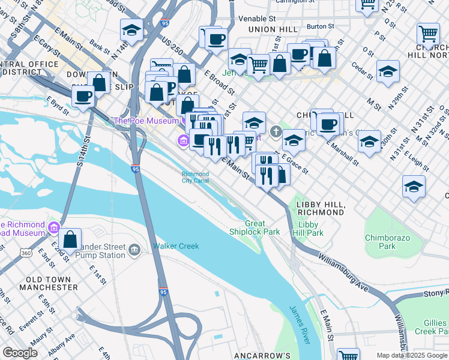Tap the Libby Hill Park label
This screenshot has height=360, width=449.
[x=311, y=229]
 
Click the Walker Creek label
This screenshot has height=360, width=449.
[x=175, y=246]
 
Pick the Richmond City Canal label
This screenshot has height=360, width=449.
[x=196, y=178]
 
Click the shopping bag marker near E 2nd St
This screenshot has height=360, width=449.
[x=70, y=239]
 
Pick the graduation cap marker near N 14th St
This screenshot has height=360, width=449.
[x=131, y=29]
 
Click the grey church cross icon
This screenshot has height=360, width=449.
[x=276, y=130]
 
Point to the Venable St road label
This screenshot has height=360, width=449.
[x=256, y=19]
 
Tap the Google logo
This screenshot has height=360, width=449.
[x=20, y=353]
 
